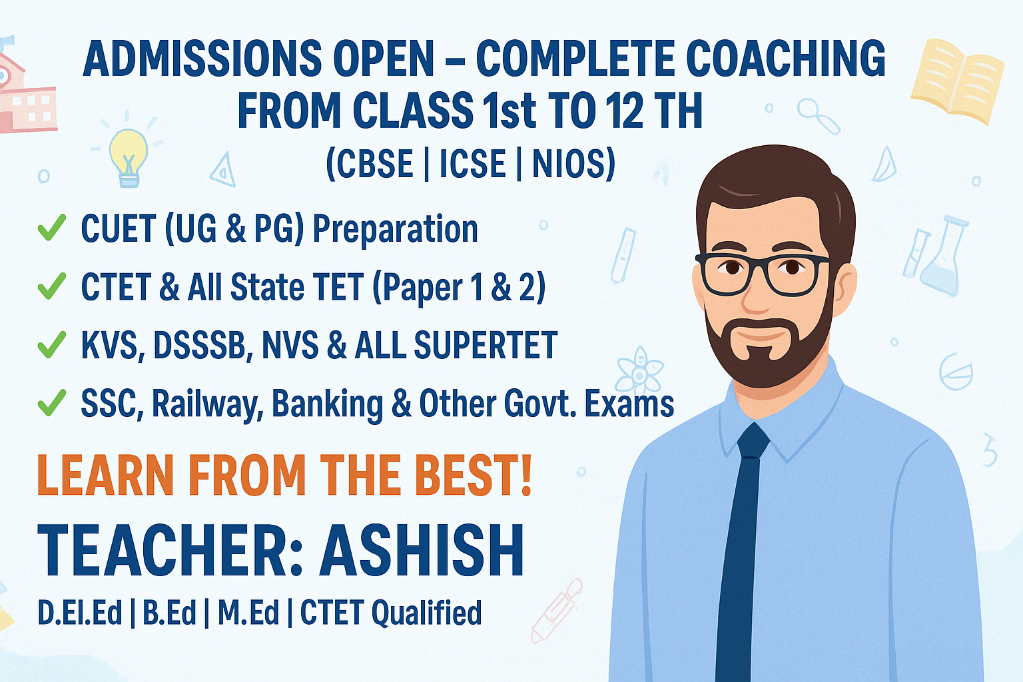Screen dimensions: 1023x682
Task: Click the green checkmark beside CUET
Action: [x=51, y=228]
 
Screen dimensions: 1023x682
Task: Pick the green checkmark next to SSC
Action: [x=51, y=402]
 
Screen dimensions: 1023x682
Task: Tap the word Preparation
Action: [x=396, y=230]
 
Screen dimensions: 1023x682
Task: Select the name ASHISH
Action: [x=422, y=550]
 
